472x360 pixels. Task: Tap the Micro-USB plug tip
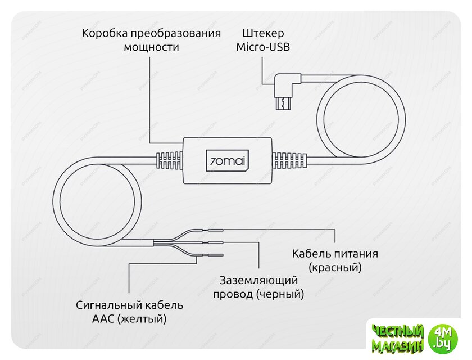(x=283, y=103)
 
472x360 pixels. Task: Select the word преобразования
(x=175, y=33)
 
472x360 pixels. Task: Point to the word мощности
(x=151, y=47)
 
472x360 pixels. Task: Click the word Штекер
(x=263, y=33)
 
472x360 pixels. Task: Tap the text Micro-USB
(x=263, y=47)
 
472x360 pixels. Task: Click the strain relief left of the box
(x=170, y=160)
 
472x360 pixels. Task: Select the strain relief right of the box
(x=289, y=160)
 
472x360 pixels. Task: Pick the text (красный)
(x=335, y=268)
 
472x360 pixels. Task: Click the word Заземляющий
(x=258, y=281)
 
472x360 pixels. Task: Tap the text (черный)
(x=280, y=294)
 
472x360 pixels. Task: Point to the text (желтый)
(x=142, y=319)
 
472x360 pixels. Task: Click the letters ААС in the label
(x=103, y=319)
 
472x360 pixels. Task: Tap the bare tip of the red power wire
(x=216, y=230)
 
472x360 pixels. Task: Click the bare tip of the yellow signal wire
(x=216, y=255)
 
